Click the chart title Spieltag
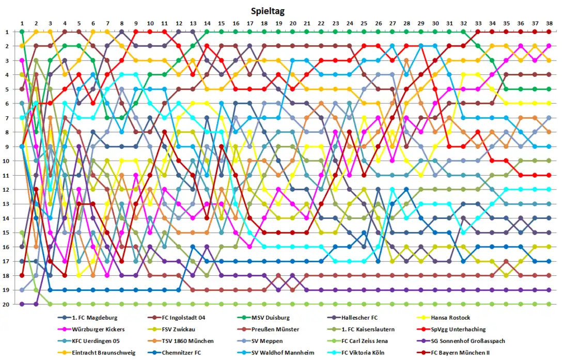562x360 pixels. click(x=268, y=10)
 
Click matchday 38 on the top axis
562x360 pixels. click(x=549, y=23)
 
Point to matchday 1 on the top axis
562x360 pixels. click(x=22, y=23)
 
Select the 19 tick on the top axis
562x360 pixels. click(x=278, y=23)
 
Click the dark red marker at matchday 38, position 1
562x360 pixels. click(x=549, y=32)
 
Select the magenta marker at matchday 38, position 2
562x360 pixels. click(x=549, y=46)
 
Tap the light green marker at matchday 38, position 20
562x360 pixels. click(x=549, y=304)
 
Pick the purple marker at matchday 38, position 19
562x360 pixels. click(x=549, y=290)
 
